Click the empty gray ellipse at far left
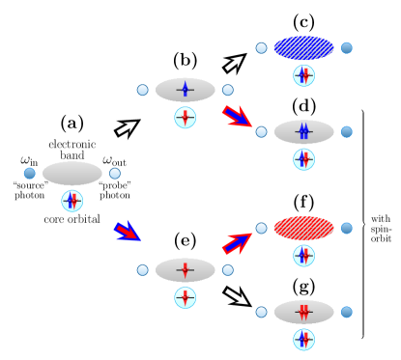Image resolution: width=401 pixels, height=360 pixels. [x=72, y=173]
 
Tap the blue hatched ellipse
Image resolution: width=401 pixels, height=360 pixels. [x=304, y=48]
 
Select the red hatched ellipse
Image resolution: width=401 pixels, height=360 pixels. [x=304, y=228]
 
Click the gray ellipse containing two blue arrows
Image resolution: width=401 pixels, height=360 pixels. [x=304, y=131]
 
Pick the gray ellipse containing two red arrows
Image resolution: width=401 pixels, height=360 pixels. [x=304, y=312]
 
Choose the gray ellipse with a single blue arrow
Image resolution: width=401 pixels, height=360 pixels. [x=186, y=90]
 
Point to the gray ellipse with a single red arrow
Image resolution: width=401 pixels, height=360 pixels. [x=186, y=270]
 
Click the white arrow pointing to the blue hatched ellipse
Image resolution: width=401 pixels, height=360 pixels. [x=234, y=63]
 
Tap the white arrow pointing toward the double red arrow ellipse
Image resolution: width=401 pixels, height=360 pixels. [x=236, y=296]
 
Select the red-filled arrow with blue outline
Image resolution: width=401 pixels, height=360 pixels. [x=127, y=231]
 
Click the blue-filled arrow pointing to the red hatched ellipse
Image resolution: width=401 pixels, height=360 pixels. [x=237, y=242]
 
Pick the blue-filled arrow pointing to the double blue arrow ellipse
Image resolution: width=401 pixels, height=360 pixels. [x=237, y=117]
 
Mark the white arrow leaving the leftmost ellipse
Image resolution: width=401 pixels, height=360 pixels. [x=127, y=127]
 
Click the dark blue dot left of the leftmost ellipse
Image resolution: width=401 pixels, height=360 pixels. [x=30, y=174]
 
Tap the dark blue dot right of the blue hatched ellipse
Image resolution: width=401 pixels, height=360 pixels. [x=347, y=48]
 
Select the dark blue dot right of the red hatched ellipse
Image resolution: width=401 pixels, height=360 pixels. [x=347, y=228]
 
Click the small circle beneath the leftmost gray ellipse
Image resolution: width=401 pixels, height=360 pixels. [x=72, y=201]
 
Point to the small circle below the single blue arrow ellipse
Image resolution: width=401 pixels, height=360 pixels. [x=186, y=118]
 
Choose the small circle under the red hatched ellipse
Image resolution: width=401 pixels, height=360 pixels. [x=304, y=256]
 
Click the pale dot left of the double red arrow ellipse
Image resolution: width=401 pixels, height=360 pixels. [x=262, y=312]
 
